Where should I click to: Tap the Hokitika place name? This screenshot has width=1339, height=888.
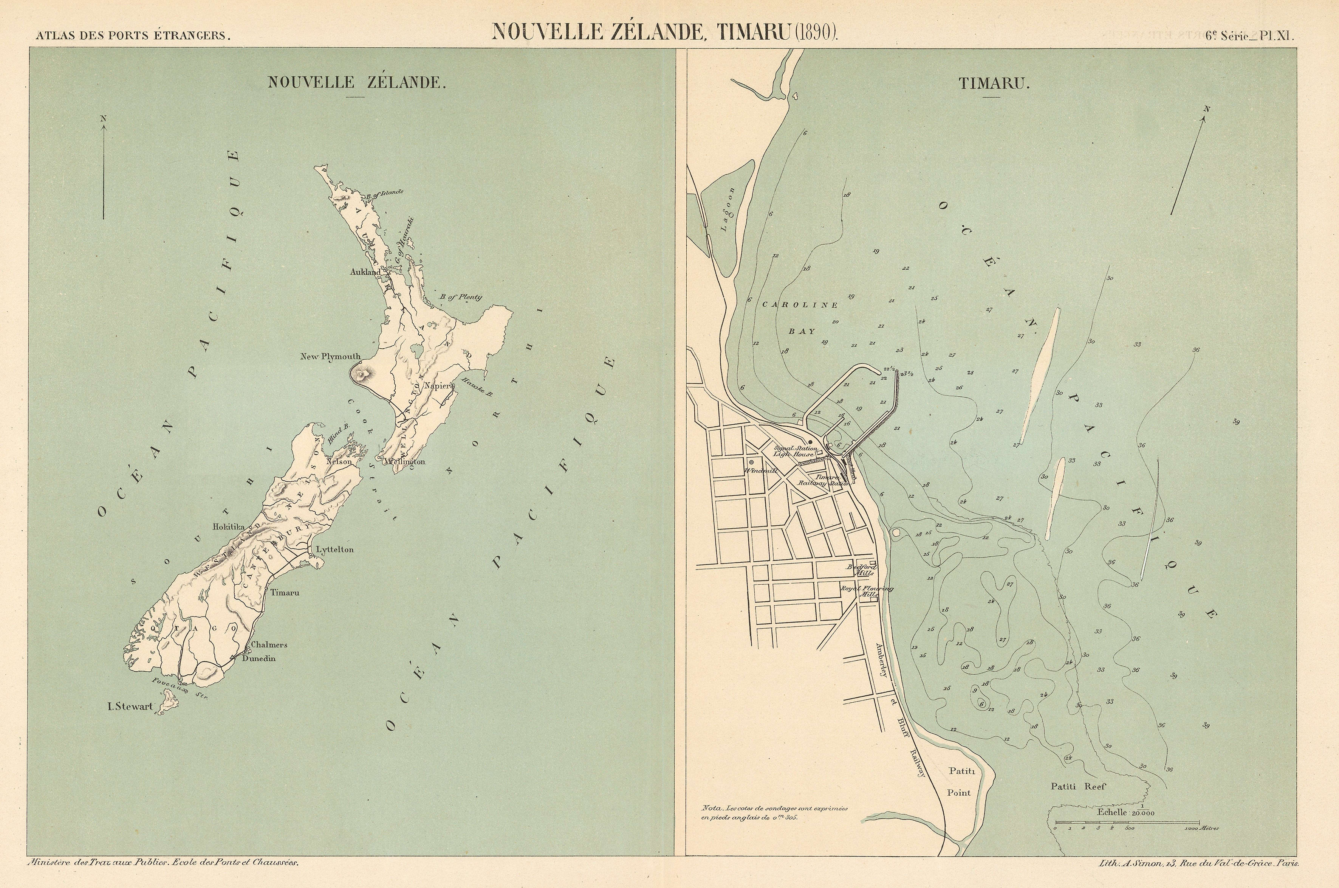[229, 527]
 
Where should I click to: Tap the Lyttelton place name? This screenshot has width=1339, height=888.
[334, 550]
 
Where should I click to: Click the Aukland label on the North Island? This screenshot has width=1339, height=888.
[365, 272]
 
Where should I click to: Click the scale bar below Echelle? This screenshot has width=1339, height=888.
[1126, 822]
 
